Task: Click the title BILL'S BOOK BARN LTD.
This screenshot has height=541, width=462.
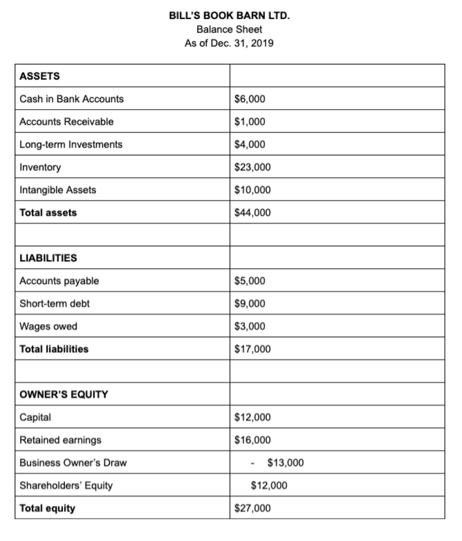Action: click(x=229, y=16)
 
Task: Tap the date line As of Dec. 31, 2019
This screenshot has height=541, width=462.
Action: click(x=229, y=43)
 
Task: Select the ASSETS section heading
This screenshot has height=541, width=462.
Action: click(x=40, y=76)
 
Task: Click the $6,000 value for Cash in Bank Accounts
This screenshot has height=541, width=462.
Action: click(x=250, y=99)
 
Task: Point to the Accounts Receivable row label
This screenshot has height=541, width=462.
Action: click(x=67, y=122)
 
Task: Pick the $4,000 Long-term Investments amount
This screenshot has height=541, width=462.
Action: click(x=250, y=144)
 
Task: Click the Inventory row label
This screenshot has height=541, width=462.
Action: click(x=40, y=167)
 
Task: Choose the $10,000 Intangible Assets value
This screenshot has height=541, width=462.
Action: click(x=252, y=190)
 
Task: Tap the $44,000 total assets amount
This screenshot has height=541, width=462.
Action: click(x=252, y=213)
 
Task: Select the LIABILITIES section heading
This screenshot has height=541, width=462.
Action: click(x=48, y=258)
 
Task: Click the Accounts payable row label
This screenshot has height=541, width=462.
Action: click(x=59, y=281)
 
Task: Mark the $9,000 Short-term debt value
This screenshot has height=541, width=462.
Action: click(x=250, y=304)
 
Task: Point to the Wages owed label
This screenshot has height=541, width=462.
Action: click(x=48, y=326)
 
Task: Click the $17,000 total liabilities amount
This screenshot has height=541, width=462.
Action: click(x=252, y=349)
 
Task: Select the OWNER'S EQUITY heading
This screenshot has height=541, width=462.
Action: click(x=64, y=394)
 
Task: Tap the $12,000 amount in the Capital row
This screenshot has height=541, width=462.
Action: click(x=252, y=417)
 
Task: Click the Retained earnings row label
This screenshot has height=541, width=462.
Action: click(x=60, y=440)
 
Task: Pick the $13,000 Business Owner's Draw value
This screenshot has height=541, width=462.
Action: click(x=285, y=463)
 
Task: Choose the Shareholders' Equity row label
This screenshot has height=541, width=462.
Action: click(x=66, y=485)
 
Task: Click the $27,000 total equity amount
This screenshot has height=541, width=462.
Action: click(x=252, y=508)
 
